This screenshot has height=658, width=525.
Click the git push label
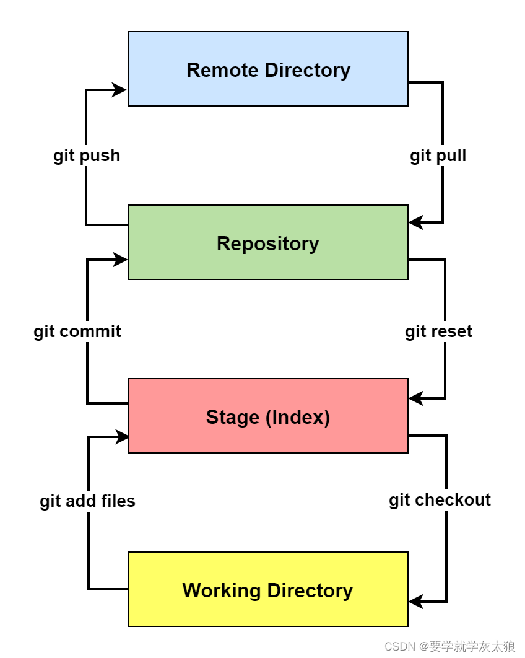pyautogui.click(x=87, y=156)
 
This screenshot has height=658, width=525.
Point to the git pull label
pyautogui.click(x=438, y=156)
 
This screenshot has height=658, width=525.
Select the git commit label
pyautogui.click(x=77, y=331)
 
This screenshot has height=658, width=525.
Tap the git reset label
pyautogui.click(x=438, y=331)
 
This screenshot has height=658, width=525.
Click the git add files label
pyautogui.click(x=87, y=501)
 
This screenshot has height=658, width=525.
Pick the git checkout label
pyautogui.click(x=440, y=500)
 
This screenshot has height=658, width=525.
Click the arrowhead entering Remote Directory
pyautogui.click(x=119, y=90)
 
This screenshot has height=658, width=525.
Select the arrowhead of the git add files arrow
pyautogui.click(x=121, y=437)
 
